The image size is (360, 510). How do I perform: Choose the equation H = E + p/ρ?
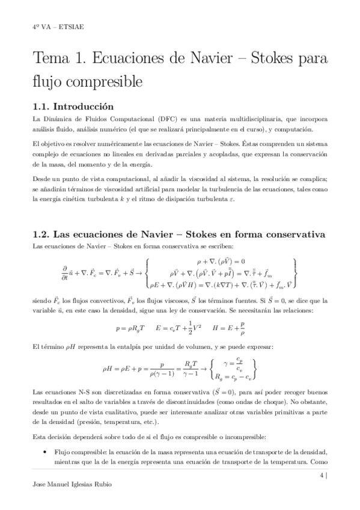230,329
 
